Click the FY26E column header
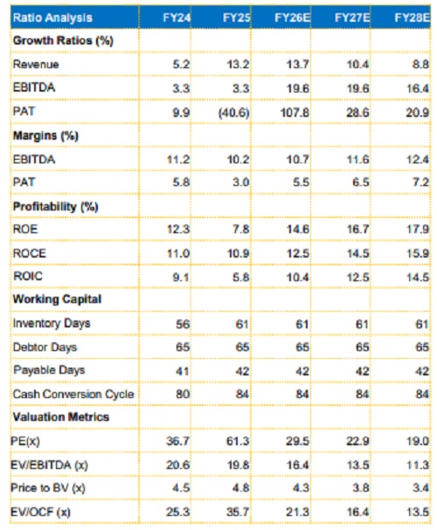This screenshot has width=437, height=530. click(292, 17)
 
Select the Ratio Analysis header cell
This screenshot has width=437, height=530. click(52, 17)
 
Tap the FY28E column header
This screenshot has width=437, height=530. click(413, 17)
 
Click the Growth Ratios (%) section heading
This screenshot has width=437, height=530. click(63, 41)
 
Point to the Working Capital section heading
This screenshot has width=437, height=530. click(57, 299)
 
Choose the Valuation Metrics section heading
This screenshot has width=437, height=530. click(61, 416)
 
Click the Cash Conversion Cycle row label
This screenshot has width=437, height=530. click(73, 394)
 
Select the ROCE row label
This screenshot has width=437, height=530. click(29, 253)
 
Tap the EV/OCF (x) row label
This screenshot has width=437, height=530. click(40, 513)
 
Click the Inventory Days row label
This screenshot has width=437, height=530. click(52, 323)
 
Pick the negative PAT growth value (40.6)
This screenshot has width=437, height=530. click(233, 113)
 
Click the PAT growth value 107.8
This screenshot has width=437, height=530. click(295, 113)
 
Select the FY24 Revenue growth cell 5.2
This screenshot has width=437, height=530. click(181, 65)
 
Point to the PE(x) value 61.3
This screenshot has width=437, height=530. click(238, 441)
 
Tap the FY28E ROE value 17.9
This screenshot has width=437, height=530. click(418, 230)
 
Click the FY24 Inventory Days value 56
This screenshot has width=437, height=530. click(183, 324)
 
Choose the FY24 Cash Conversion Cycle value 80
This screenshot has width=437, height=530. click(183, 394)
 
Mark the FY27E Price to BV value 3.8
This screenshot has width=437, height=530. click(360, 488)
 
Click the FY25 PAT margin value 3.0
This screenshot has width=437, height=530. click(241, 182)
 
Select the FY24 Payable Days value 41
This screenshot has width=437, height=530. click(183, 371)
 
